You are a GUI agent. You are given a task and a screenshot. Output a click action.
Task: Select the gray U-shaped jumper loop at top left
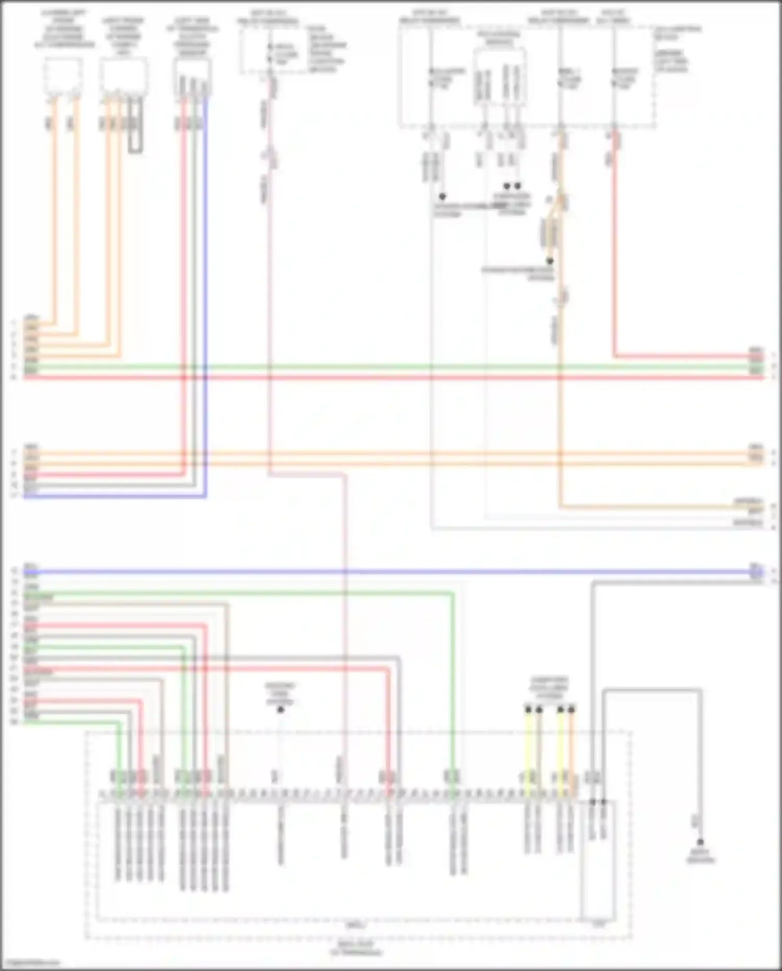tap(136, 128)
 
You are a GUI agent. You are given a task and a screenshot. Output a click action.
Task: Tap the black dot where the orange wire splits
tap(549, 261)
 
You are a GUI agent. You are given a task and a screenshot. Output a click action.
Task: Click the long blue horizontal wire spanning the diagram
tap(391, 572)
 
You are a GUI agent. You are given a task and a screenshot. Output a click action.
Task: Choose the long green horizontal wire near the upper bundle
tap(391, 367)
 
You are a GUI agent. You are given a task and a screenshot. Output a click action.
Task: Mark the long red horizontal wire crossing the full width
tap(391, 377)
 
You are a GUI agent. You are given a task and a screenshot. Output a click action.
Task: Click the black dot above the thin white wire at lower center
tap(280, 710)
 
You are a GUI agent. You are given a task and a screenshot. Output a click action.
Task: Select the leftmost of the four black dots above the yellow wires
tap(528, 710)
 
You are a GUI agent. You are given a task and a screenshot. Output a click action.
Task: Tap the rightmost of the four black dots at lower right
tap(571, 710)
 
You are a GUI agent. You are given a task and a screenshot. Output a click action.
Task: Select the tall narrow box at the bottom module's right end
tap(598, 861)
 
